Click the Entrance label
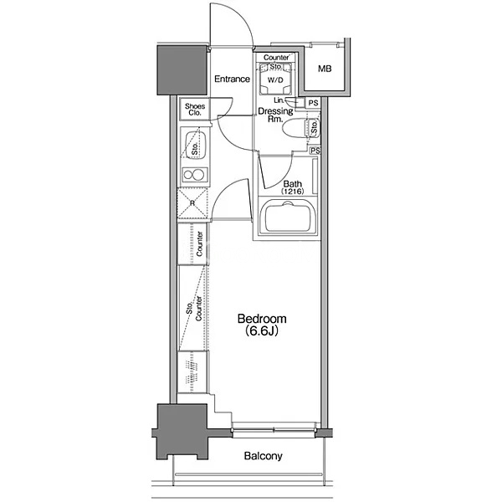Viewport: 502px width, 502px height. [232, 79]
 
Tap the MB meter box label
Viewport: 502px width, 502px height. [325, 69]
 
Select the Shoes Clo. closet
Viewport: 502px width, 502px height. [195, 109]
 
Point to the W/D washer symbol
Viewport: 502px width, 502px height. [275, 79]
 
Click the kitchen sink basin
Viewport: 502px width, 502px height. [195, 145]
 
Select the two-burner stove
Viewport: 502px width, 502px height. [194, 175]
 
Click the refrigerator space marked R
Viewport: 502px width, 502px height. [192, 203]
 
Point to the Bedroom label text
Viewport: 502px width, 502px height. [262, 319]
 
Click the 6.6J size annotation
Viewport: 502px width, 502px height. [262, 330]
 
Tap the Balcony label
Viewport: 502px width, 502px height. [264, 456]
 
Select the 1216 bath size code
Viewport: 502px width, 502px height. [292, 192]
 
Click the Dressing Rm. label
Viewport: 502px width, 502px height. [275, 115]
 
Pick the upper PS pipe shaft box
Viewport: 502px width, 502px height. [313, 103]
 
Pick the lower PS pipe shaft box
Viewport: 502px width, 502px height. [315, 151]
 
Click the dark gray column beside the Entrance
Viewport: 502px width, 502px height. [182, 70]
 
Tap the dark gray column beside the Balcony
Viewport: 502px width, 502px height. [182, 432]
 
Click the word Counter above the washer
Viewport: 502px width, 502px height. [276, 58]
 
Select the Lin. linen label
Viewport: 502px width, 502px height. [279, 100]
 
